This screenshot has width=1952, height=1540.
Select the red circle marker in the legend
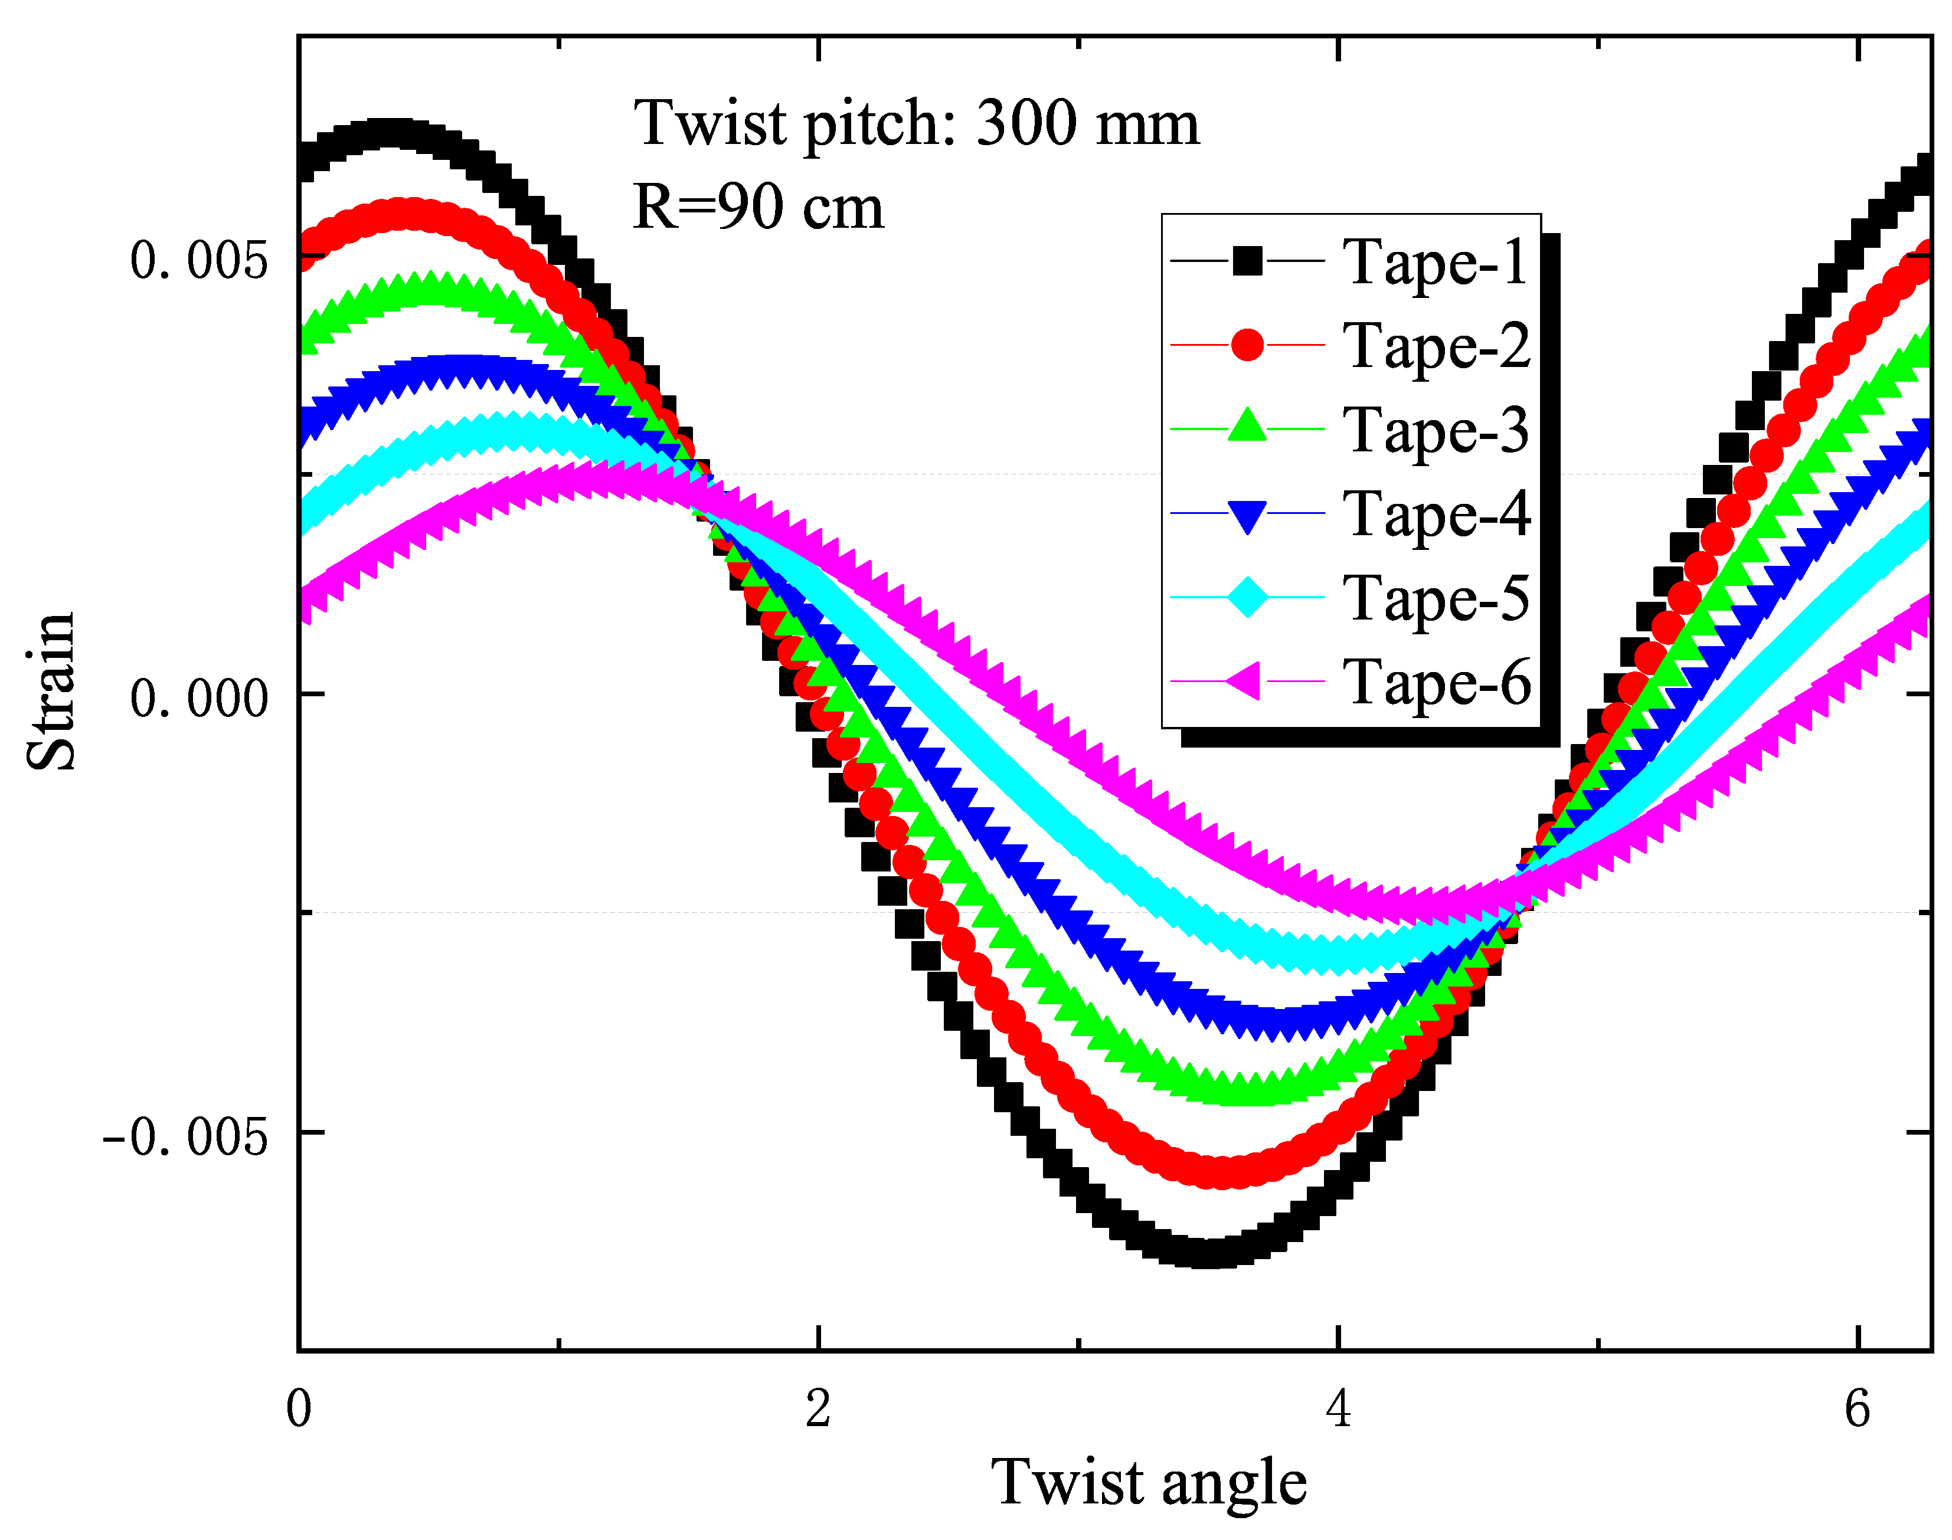[1247, 345]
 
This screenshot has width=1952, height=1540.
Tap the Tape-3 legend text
[1436, 430]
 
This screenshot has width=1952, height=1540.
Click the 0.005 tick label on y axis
[198, 261]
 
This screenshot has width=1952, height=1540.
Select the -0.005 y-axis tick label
[185, 1136]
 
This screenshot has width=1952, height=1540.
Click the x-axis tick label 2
[818, 1408]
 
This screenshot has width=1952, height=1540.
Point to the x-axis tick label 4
[1338, 1408]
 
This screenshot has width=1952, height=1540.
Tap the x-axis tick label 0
[299, 1408]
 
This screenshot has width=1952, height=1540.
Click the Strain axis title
[51, 692]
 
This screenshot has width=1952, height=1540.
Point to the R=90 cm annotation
[758, 207]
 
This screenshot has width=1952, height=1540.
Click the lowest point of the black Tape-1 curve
[1207, 1253]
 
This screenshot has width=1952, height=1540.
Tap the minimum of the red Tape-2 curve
[1222, 1172]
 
